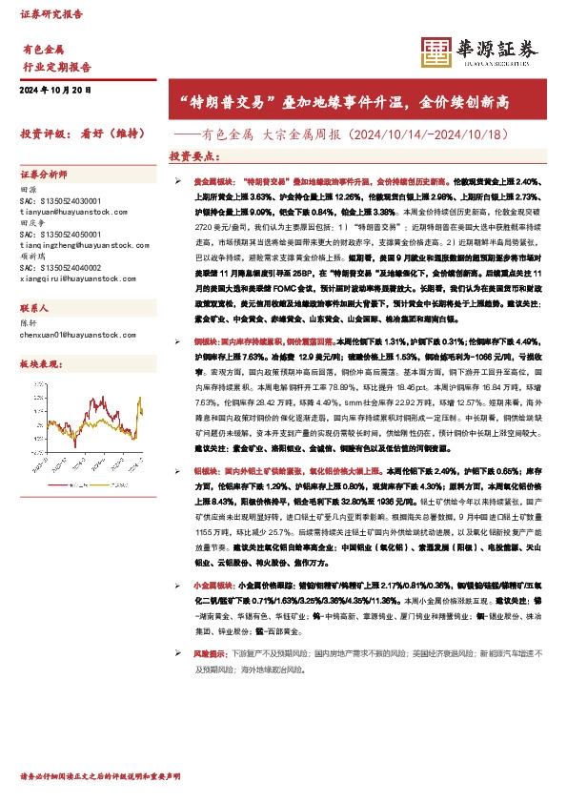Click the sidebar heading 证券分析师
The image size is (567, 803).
point(44,175)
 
